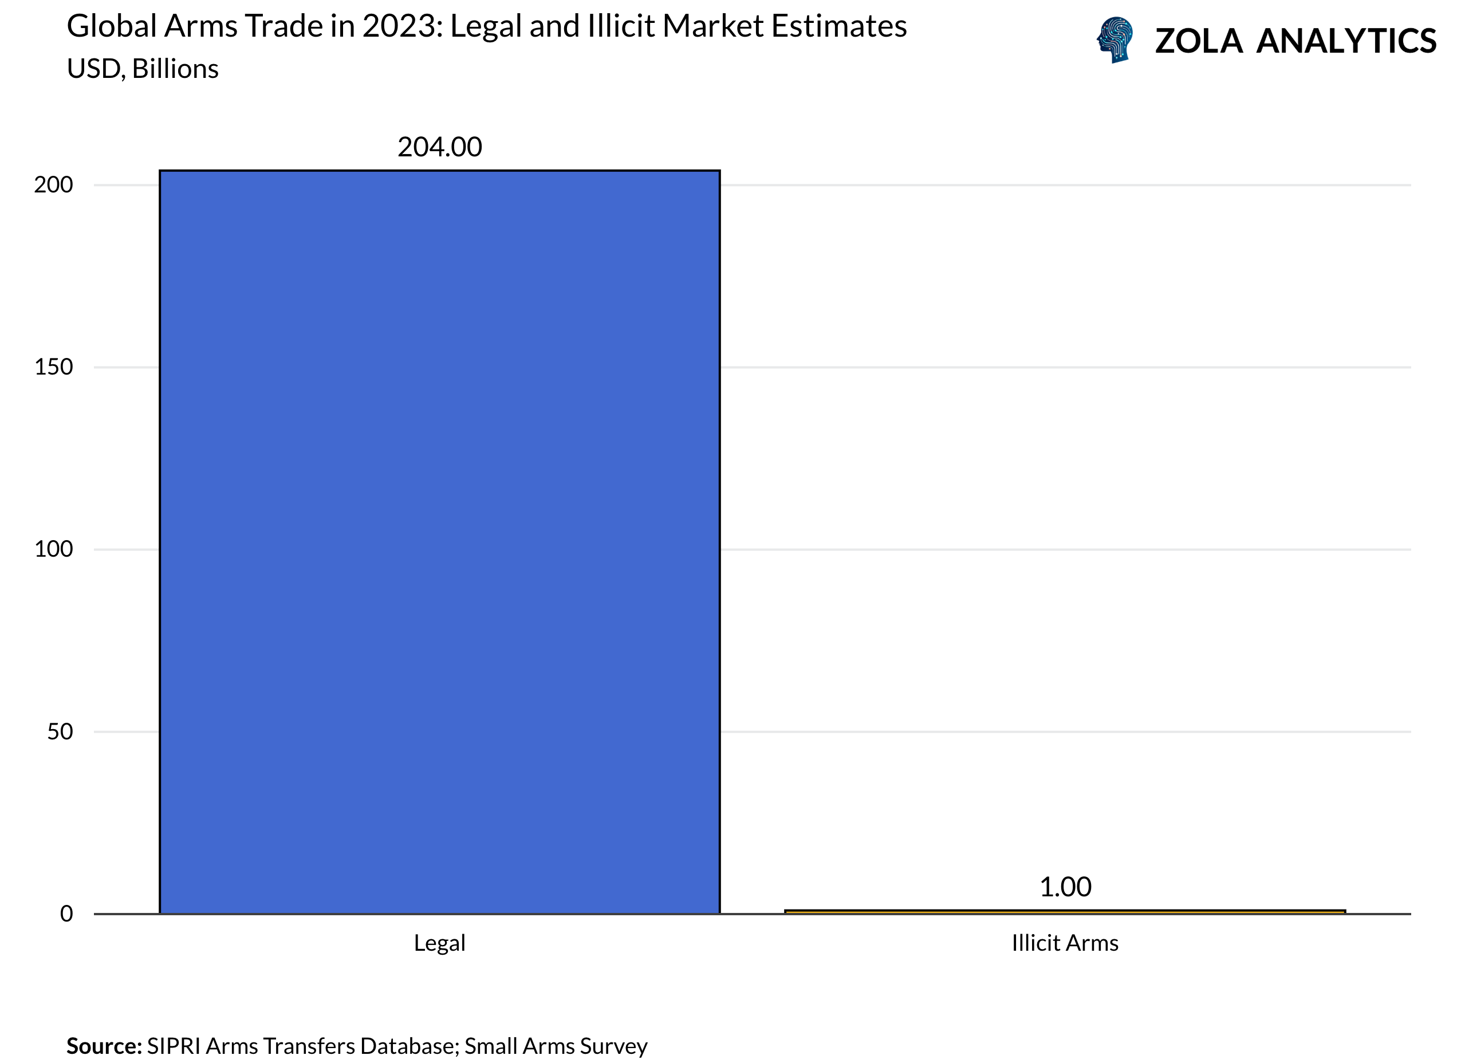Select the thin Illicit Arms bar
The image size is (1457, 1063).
coord(1065,911)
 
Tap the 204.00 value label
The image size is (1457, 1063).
coord(439,147)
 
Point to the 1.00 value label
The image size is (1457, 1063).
coord(1065,887)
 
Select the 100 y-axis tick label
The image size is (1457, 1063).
coord(53,549)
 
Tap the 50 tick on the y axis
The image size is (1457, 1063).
coord(60,731)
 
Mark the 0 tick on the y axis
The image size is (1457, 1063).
coord(66,914)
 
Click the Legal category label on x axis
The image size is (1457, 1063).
coord(439,943)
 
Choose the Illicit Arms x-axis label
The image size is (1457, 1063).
coord(1065,943)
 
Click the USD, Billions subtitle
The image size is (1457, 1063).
coord(143,69)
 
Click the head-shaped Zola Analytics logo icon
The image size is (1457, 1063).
coord(1116,40)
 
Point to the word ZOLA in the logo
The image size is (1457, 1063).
coord(1198,42)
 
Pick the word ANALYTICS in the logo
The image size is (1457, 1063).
coord(1346,42)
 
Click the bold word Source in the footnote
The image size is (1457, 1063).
coord(104,1046)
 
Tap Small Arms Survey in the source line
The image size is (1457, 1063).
coord(556,1046)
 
